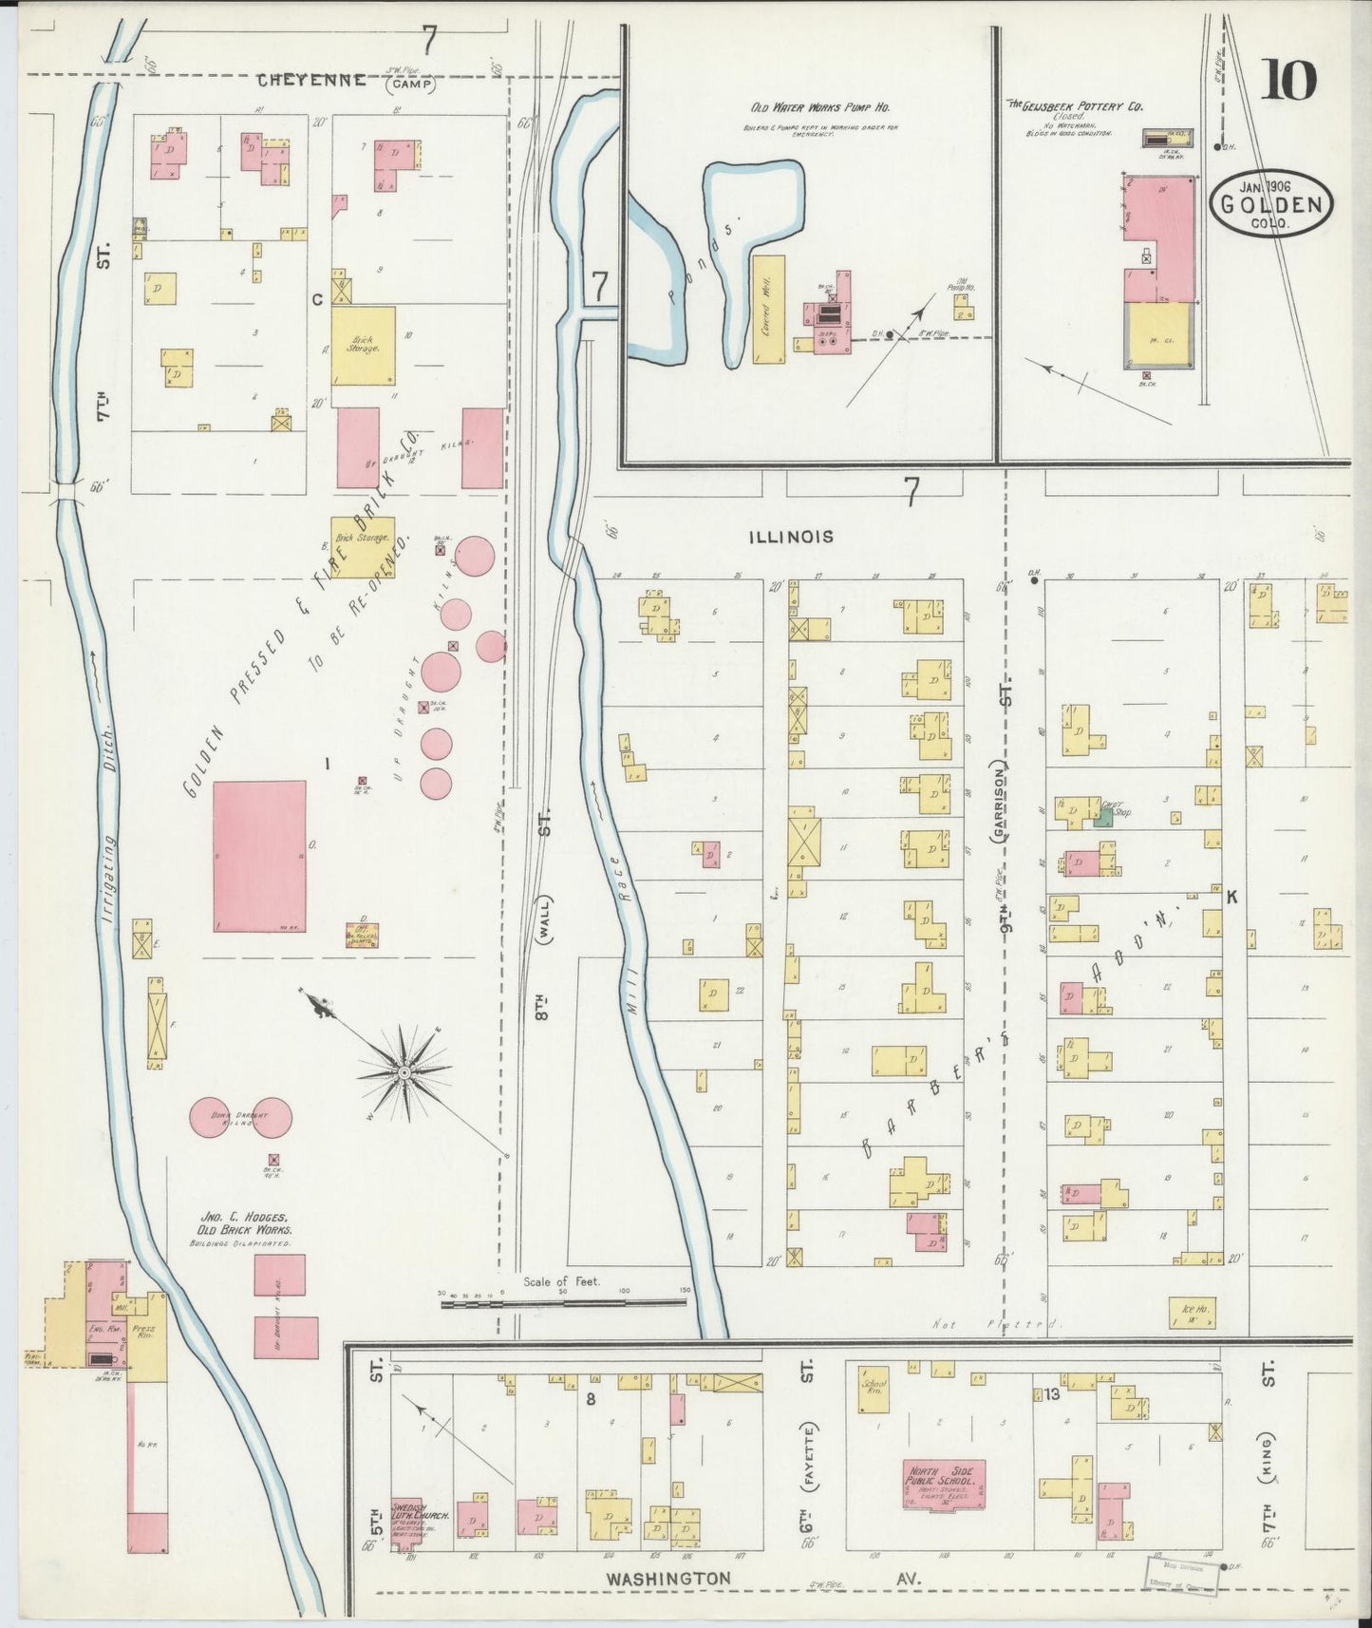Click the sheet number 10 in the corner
point(1288,80)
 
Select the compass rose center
point(404,1072)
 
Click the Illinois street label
point(791,537)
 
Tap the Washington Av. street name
point(669,1578)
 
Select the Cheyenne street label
point(312,81)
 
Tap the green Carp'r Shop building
point(1102,816)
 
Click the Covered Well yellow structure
point(769,309)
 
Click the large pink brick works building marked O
point(259,857)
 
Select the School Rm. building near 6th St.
point(873,1390)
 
